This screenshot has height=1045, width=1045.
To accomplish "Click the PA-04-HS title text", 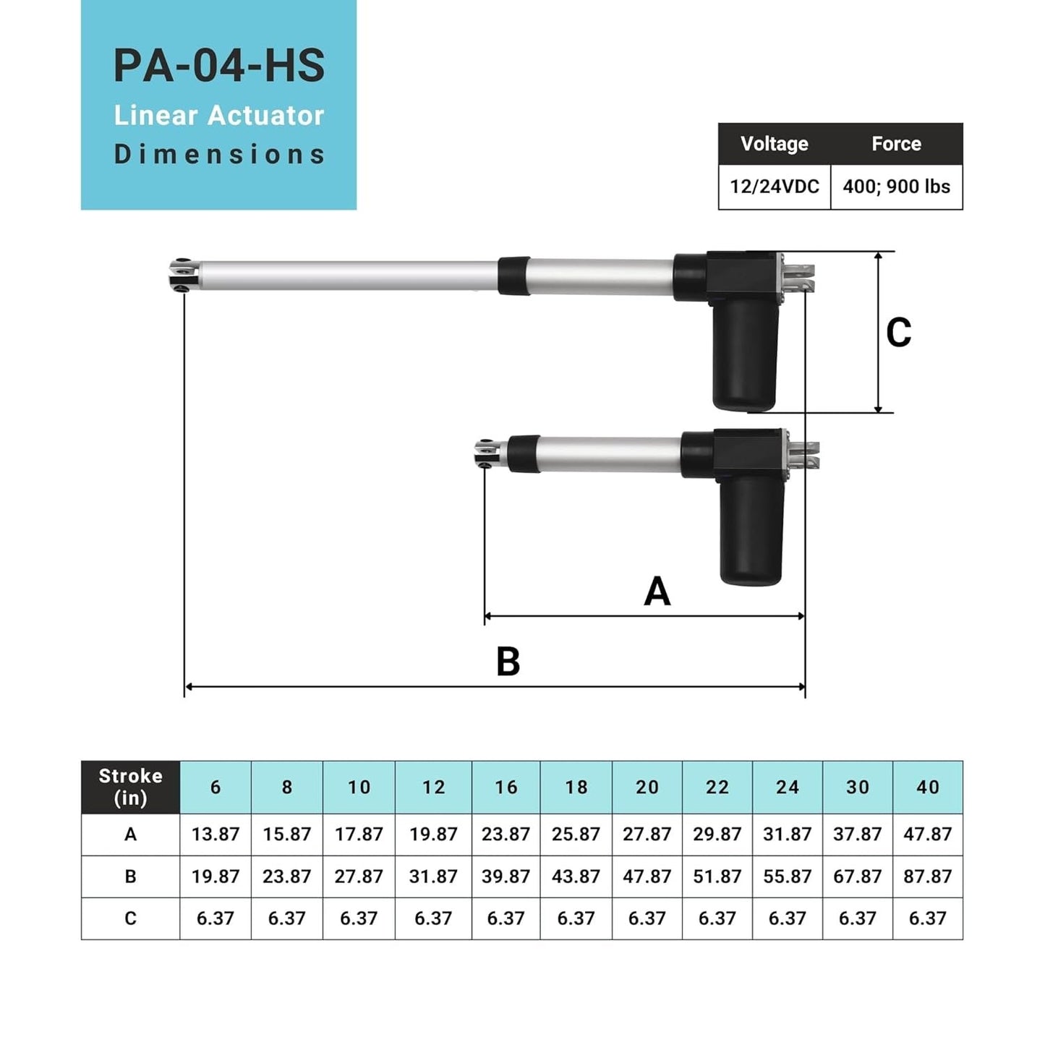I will (x=218, y=66).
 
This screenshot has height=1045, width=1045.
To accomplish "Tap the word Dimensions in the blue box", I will (x=218, y=154).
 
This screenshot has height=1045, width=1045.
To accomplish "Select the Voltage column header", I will (x=774, y=144).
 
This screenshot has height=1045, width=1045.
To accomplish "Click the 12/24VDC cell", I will (x=774, y=187).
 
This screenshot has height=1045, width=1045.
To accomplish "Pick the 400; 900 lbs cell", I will (x=896, y=187).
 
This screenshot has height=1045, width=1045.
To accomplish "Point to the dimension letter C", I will (x=898, y=333).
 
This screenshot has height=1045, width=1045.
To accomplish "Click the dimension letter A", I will (x=657, y=592).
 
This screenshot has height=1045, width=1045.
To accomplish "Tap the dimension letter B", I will (x=508, y=661).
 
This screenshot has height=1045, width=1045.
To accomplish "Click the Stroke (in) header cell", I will (x=130, y=787).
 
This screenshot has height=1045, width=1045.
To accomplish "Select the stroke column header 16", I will (x=506, y=787).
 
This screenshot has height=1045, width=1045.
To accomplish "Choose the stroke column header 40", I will (x=927, y=787).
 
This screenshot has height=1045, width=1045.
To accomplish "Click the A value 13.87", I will (x=215, y=834).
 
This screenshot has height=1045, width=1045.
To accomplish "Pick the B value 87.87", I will (x=927, y=876).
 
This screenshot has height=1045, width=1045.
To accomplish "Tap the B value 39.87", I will (x=506, y=876).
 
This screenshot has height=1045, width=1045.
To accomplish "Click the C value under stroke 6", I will (x=215, y=918).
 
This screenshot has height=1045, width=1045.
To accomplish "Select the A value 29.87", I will (x=717, y=834).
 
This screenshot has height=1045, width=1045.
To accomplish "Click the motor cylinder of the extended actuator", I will (x=744, y=354).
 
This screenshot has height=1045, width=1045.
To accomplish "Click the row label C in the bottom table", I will (x=130, y=918).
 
